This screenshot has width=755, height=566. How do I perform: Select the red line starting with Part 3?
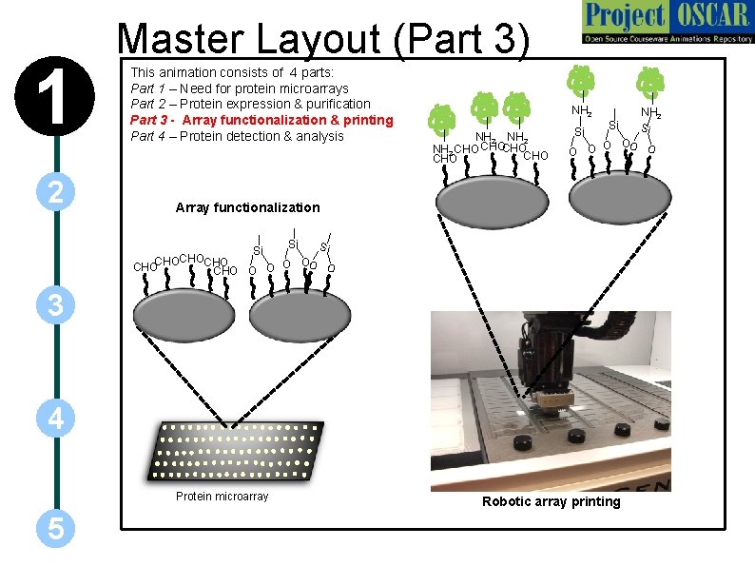click(x=261, y=120)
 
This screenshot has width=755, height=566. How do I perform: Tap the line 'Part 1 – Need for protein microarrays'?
click(x=239, y=88)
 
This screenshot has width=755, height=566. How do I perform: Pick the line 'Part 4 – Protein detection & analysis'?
click(x=237, y=136)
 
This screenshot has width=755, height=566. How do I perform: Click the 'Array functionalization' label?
click(x=247, y=207)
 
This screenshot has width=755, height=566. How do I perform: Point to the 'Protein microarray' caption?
click(x=222, y=497)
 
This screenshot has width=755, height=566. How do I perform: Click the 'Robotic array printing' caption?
click(x=551, y=501)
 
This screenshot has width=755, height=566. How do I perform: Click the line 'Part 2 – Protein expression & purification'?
click(x=250, y=104)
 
